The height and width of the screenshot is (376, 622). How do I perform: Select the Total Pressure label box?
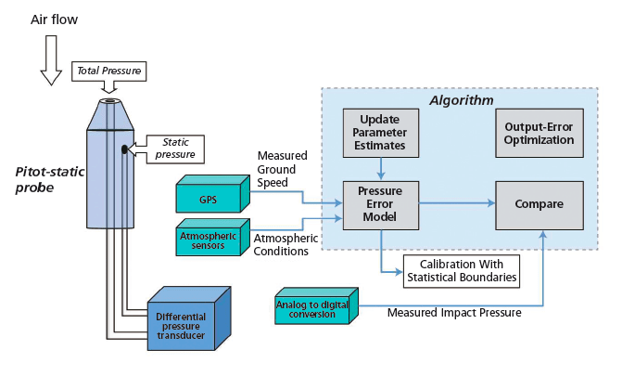click(x=109, y=71)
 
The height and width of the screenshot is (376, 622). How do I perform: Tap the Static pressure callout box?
click(x=172, y=147)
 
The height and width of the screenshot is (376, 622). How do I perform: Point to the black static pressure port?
click(x=123, y=148)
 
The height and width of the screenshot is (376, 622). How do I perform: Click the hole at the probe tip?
click(x=109, y=101)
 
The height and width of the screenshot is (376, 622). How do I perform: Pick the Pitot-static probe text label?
click(x=47, y=178)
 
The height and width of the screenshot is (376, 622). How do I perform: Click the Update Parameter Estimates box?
click(x=382, y=132)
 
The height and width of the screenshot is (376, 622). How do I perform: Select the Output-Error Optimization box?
click(x=539, y=132)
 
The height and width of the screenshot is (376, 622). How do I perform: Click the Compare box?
click(x=539, y=201)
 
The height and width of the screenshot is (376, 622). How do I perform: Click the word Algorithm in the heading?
click(x=462, y=99)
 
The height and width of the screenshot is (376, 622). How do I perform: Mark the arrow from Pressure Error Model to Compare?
click(x=458, y=201)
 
